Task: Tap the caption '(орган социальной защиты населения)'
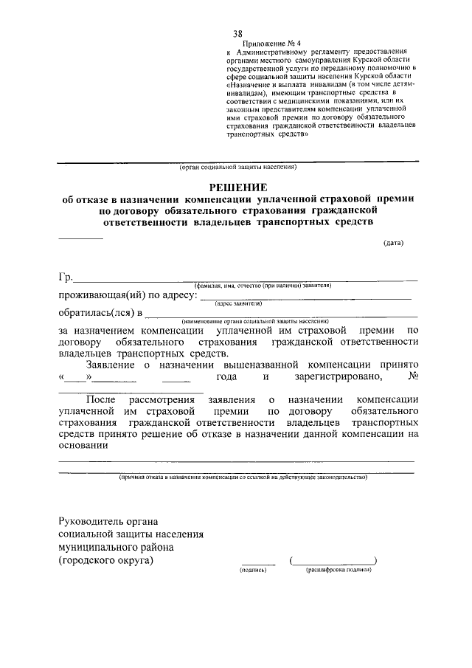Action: [x=237, y=168]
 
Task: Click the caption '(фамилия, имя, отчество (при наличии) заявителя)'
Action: [x=263, y=285]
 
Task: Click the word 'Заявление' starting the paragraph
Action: [x=111, y=365]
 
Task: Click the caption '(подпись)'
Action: [x=253, y=571]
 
